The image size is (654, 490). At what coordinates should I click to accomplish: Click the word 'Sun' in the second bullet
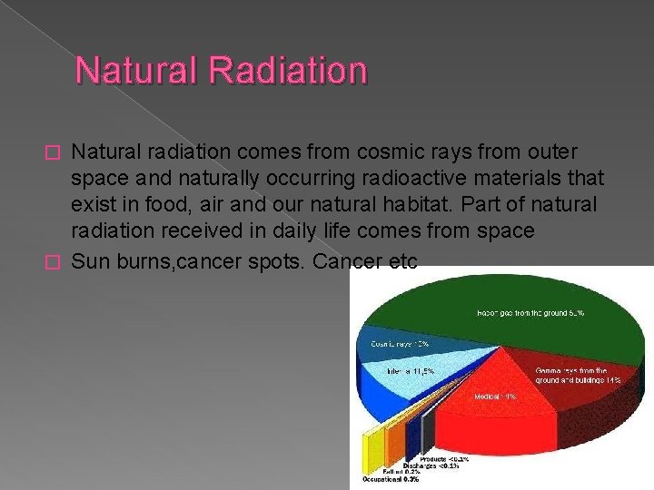[x=90, y=262]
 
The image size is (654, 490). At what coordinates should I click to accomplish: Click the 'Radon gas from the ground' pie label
[x=530, y=313]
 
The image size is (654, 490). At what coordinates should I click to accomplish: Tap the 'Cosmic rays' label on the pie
[x=400, y=344]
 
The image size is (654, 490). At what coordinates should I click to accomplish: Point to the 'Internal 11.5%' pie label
[x=410, y=370]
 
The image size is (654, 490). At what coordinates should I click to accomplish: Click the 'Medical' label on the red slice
[x=496, y=397]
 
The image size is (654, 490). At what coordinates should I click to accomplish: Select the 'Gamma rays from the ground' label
[x=579, y=375]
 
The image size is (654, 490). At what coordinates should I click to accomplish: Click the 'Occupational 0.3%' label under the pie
[x=391, y=479]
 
